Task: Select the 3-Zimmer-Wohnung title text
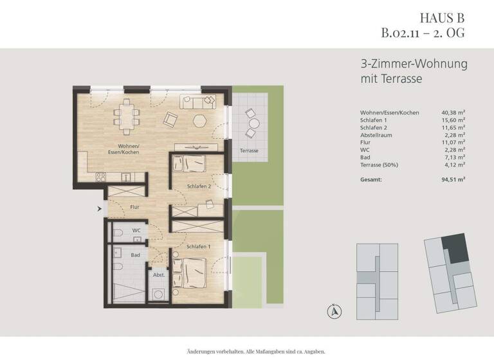pyautogui.click(x=414, y=64)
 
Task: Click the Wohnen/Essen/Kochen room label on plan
pyautogui.click(x=123, y=149)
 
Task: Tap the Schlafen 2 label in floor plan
pyautogui.click(x=199, y=186)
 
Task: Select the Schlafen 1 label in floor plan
pyautogui.click(x=199, y=246)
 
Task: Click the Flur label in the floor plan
pyautogui.click(x=134, y=208)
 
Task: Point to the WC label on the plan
pyautogui.click(x=136, y=230)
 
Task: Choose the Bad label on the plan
pyautogui.click(x=136, y=255)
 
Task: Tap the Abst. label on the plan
pyautogui.click(x=158, y=275)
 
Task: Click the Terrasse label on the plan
pyautogui.click(x=249, y=150)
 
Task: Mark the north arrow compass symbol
pyautogui.click(x=334, y=311)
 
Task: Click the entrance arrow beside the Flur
pyautogui.click(x=99, y=208)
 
